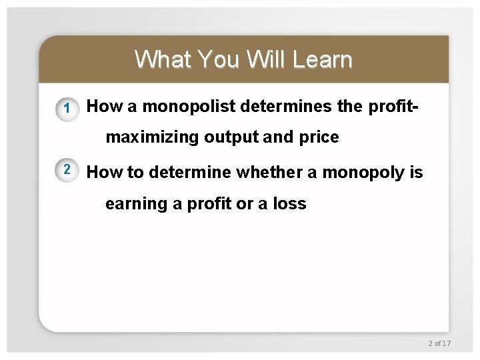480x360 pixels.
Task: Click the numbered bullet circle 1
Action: coord(66,109)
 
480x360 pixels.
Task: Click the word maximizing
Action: coord(153,137)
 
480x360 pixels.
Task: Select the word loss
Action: coord(289,204)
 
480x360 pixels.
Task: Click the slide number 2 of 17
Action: coord(439,343)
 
